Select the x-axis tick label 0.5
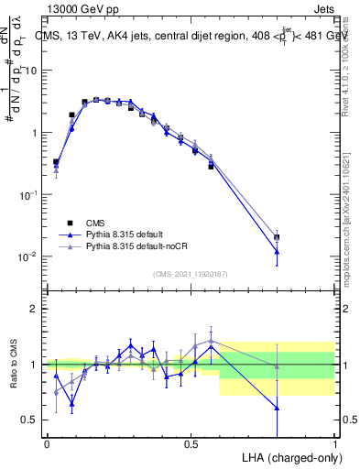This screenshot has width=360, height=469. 191,444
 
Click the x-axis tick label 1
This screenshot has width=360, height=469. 334,444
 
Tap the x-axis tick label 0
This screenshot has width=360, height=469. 47,444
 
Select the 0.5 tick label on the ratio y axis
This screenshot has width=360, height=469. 34,420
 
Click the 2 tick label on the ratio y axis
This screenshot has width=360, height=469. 38,310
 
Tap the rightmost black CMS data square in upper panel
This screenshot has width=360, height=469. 277,237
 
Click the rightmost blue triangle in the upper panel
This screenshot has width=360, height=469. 277,251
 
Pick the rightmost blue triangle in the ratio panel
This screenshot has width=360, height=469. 277,408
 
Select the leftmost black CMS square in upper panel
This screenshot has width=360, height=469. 56,162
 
